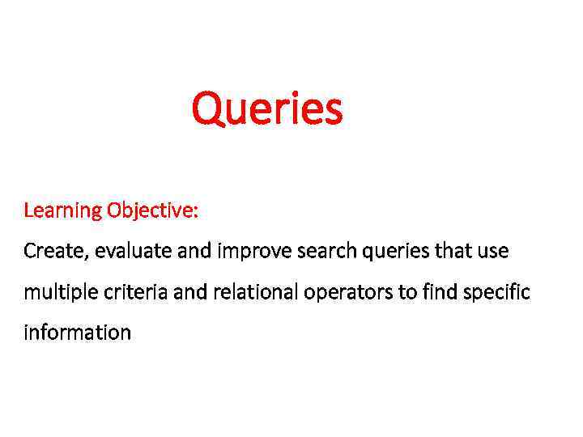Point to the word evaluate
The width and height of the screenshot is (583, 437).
coord(134,252)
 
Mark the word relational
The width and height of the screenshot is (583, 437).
coord(255,292)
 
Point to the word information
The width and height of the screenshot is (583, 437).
coord(77,332)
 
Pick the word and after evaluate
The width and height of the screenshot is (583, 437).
coord(194,252)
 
